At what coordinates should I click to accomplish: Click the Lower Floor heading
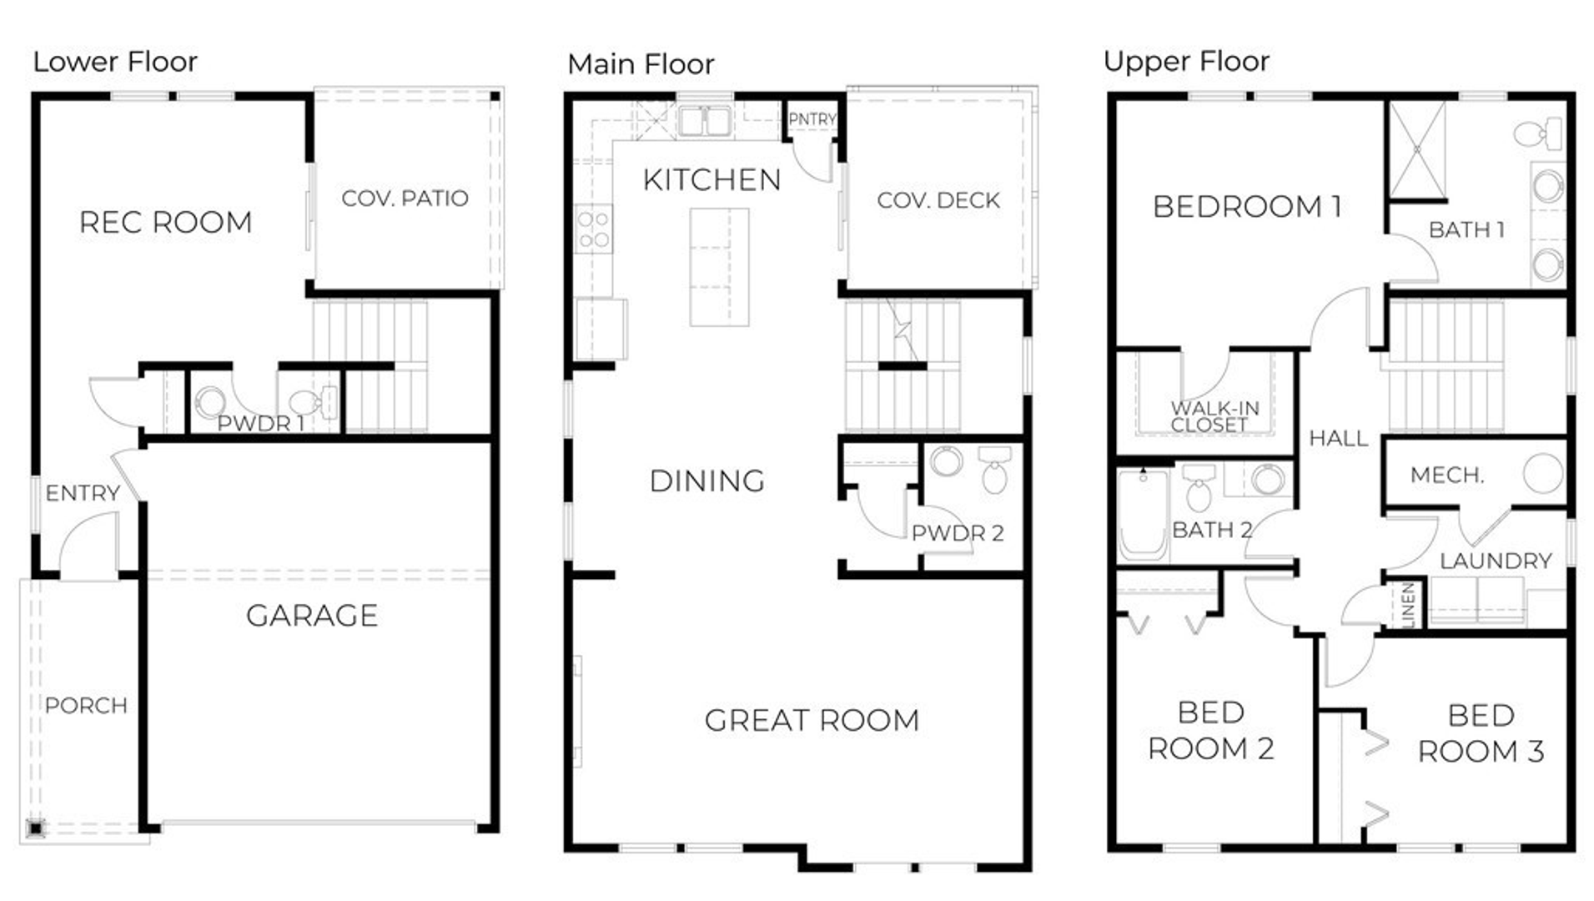[x=115, y=62]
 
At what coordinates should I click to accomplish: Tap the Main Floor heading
[x=641, y=64]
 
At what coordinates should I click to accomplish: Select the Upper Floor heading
[x=1186, y=62]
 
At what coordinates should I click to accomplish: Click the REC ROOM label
[x=165, y=223]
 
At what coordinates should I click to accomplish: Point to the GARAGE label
[x=312, y=616]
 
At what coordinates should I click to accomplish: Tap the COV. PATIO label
[x=405, y=199]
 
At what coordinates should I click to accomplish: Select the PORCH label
[x=86, y=706]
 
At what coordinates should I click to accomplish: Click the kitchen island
[x=719, y=267]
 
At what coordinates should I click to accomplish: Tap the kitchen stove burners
[x=593, y=229]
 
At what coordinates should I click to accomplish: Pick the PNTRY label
[x=812, y=119]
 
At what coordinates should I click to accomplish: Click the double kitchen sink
[x=705, y=121]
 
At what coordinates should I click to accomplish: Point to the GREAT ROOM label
[x=812, y=721]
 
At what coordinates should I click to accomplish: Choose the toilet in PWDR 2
[x=994, y=469]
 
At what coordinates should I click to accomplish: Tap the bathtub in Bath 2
[x=1142, y=513]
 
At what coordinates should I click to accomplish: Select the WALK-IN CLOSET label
[x=1214, y=416]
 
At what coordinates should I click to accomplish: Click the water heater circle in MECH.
[x=1542, y=474]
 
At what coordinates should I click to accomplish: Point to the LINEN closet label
[x=1408, y=604]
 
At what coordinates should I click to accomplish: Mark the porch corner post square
[x=35, y=828]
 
